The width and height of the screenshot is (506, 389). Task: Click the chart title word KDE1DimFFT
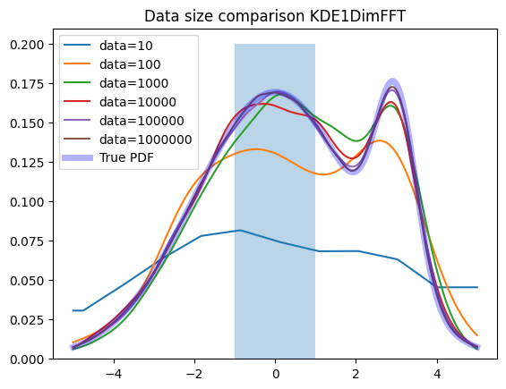(357, 16)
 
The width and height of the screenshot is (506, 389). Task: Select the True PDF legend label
(126, 157)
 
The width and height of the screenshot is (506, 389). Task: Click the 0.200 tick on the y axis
(27, 45)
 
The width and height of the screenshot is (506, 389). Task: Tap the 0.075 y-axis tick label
(27, 241)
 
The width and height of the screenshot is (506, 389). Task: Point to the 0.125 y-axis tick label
(27, 163)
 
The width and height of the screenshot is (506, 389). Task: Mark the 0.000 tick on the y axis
(27, 359)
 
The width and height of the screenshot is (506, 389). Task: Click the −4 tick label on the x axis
(114, 374)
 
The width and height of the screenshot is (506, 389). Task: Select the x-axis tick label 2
(356, 374)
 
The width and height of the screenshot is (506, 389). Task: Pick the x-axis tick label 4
(437, 374)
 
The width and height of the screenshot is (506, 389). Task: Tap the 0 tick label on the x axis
(275, 374)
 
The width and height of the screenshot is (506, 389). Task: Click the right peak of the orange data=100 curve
(380, 140)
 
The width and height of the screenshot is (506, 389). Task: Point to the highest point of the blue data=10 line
(240, 230)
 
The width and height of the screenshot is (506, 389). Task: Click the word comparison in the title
(262, 17)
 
